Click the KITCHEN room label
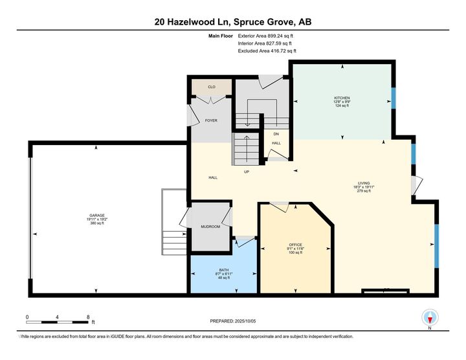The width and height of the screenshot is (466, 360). tap(342, 98)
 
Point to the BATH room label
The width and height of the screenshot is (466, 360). tap(224, 269)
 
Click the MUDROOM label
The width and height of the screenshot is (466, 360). tap(210, 227)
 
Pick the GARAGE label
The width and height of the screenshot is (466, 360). tap(97, 215)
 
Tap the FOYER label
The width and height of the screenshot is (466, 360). tap(211, 120)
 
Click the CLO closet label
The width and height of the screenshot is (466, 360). tap(211, 87)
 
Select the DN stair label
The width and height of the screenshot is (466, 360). tap(276, 134)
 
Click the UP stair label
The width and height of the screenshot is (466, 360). tap(247, 172)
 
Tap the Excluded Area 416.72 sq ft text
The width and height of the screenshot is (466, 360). tap(267, 51)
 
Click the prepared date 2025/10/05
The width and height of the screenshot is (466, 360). tap(233, 321)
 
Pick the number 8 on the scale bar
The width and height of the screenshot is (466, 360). tap(87, 317)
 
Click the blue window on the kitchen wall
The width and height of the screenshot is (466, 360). tap(392, 98)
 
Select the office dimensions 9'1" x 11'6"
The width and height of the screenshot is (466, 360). tap(296, 247)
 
